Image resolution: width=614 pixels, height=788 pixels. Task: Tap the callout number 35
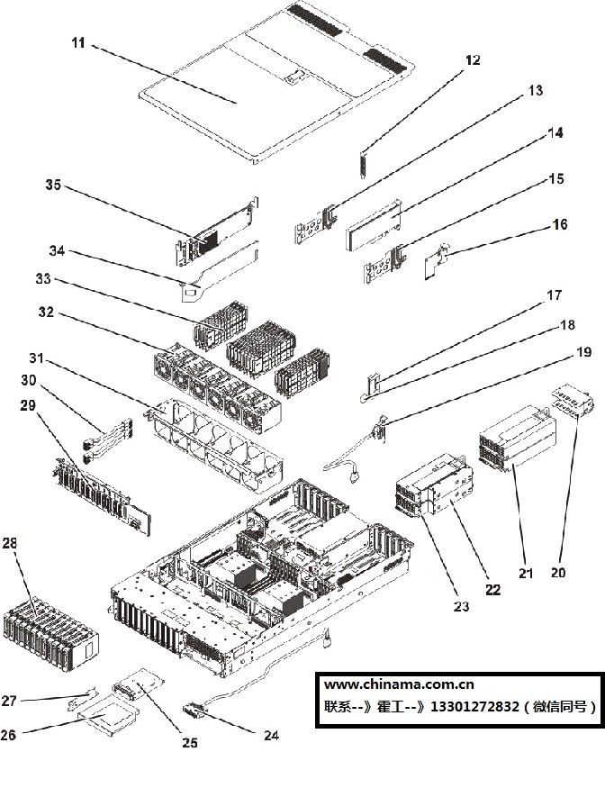[x=53, y=185]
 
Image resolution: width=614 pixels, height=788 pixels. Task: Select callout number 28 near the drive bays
[x=10, y=543]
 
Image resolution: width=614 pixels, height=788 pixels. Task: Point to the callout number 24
[x=271, y=735]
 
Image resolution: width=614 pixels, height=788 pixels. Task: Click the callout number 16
[x=559, y=224]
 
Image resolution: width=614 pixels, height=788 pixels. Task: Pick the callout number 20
[x=559, y=572]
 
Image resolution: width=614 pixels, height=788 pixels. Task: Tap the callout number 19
[x=583, y=352]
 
